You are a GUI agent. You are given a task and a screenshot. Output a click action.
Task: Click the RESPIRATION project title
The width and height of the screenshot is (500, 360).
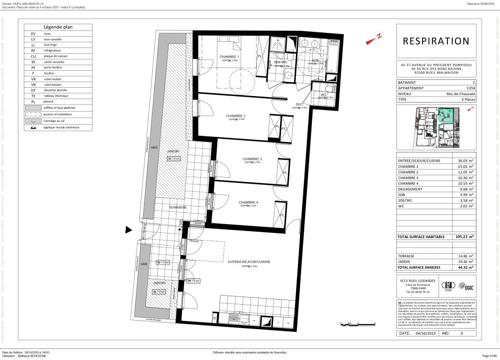coord(436,41)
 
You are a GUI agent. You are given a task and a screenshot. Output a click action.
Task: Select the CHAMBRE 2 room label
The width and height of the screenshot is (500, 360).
coord(235,116)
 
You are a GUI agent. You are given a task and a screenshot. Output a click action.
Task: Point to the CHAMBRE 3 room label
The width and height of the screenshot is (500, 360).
coord(252,159)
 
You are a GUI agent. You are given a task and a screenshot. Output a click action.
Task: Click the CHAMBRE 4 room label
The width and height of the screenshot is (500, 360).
coord(248,202)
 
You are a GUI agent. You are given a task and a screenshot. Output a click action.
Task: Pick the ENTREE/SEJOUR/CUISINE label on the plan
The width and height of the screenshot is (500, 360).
coord(249,262)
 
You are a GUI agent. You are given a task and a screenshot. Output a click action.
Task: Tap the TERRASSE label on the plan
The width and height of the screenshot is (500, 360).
coord(178,207)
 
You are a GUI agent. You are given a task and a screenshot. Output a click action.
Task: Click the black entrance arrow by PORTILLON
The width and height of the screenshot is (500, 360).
coord(128,230)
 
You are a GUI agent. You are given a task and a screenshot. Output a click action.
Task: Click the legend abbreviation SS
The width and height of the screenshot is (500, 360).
coord(33,62)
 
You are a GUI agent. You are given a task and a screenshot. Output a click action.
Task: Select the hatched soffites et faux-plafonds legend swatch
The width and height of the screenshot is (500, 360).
coord(33,107)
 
